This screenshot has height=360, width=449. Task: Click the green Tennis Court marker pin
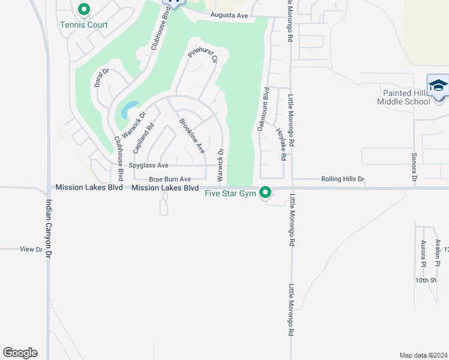(83, 10)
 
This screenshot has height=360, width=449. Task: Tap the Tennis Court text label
(83, 25)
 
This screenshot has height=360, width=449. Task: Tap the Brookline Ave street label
(191, 136)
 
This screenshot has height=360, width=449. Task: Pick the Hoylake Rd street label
(281, 144)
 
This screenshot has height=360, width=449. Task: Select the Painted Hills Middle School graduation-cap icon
(438, 85)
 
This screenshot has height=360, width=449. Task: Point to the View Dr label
(31, 249)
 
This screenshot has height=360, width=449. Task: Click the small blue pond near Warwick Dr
(128, 110)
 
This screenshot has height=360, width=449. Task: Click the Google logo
(20, 352)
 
